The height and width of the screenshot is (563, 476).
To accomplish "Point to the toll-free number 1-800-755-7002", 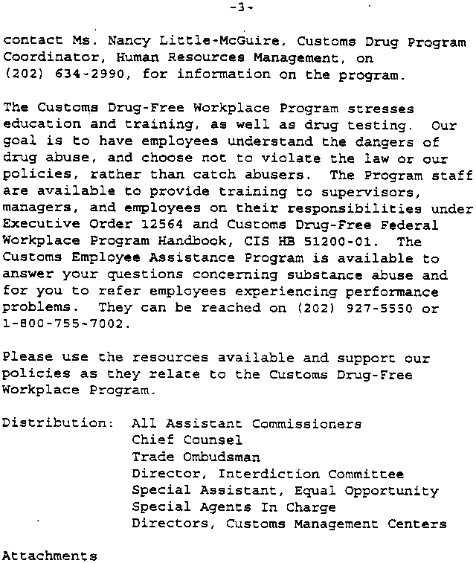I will (x=66, y=324).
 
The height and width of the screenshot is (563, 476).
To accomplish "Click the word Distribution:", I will (x=57, y=424).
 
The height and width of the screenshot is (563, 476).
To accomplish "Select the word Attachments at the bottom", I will (x=49, y=556).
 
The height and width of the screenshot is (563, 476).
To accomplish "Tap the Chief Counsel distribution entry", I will (x=187, y=440).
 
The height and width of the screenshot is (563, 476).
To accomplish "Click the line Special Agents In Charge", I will (x=234, y=507).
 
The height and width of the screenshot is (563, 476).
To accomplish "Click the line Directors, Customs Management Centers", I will (x=289, y=524).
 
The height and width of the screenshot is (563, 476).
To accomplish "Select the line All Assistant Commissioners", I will (x=246, y=424).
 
